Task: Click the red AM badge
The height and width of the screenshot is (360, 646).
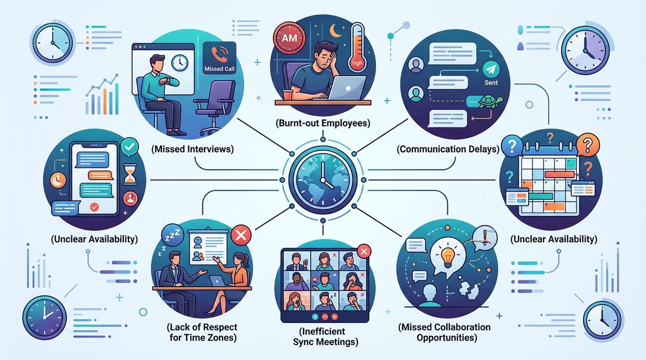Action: (289, 38)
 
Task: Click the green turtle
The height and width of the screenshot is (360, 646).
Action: (491, 102)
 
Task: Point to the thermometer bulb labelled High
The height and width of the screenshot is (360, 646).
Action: (357, 62)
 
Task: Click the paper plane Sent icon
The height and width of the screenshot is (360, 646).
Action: (491, 69)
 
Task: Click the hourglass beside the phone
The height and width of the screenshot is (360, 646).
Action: (130, 174)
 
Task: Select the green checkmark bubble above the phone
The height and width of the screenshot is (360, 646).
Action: (130, 147)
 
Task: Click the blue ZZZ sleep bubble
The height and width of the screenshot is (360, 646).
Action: (172, 236)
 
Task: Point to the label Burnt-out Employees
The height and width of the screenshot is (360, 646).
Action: (322, 123)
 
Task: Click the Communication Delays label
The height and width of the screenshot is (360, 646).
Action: (448, 149)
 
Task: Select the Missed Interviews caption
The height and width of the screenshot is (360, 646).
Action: (192, 149)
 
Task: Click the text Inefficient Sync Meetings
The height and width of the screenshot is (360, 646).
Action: (326, 337)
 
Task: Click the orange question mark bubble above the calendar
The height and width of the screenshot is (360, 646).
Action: (587, 146)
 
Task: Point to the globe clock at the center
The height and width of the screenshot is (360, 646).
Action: (323, 180)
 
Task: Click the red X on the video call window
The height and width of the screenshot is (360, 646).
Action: (364, 251)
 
